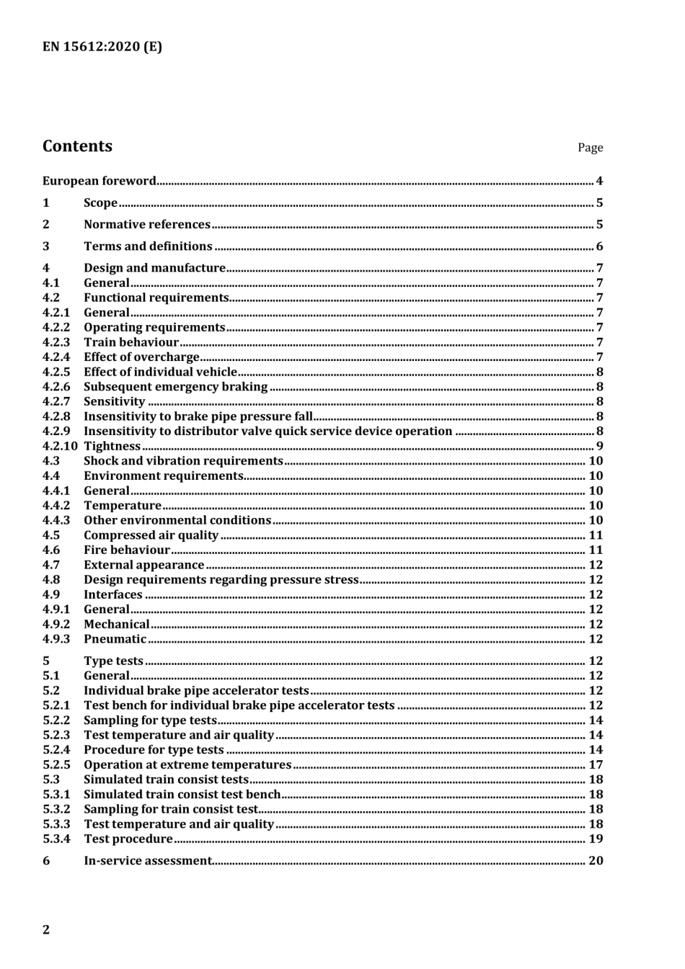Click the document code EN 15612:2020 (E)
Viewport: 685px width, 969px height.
click(x=102, y=47)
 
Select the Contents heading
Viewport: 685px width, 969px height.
click(x=77, y=146)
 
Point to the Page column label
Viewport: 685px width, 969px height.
click(x=589, y=148)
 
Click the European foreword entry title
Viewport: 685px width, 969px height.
click(x=99, y=181)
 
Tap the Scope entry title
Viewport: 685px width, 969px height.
click(x=100, y=203)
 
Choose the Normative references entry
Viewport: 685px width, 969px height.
click(x=147, y=225)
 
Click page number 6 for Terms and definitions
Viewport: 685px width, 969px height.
click(x=599, y=246)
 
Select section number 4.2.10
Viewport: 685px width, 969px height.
click(x=60, y=446)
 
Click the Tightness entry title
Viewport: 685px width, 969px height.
click(x=112, y=446)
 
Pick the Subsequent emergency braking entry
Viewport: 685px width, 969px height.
click(x=175, y=387)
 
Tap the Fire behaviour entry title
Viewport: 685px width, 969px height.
click(x=127, y=550)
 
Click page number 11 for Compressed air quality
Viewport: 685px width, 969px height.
click(x=596, y=535)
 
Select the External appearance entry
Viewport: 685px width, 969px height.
click(x=143, y=565)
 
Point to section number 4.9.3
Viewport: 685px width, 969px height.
click(x=56, y=639)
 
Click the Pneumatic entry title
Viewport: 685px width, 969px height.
click(x=115, y=639)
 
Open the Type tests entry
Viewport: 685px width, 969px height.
click(x=113, y=661)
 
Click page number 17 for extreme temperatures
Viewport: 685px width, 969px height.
click(x=596, y=764)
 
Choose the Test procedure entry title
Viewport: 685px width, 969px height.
click(x=128, y=839)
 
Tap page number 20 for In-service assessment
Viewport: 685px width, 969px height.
click(x=596, y=860)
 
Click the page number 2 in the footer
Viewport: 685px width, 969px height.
click(x=46, y=929)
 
